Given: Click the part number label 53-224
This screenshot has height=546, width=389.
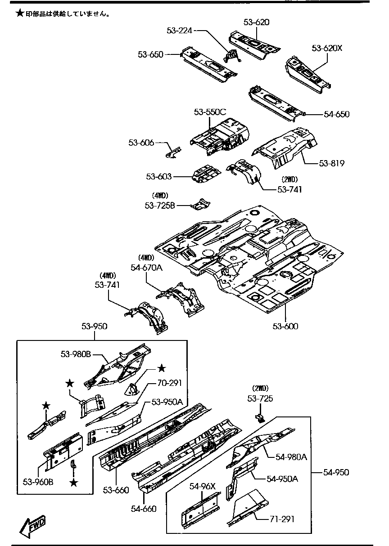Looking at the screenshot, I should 179,31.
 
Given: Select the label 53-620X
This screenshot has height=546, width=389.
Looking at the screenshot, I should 327,48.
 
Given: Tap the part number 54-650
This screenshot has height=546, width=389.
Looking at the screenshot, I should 336,114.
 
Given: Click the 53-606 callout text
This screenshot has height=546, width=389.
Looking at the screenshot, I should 141,143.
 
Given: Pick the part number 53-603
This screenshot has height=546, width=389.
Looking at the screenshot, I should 158,177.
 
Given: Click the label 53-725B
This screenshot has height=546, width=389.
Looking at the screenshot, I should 160,206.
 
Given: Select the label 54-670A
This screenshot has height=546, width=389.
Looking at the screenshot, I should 146,268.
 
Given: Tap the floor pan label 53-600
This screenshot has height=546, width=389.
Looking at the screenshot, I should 285,326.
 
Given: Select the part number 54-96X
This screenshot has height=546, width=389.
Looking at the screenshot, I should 203,486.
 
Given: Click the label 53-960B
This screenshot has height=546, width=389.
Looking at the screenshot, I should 38,482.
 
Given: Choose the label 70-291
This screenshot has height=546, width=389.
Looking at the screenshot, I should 169,384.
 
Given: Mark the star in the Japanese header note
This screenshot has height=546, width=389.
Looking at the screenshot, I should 19,13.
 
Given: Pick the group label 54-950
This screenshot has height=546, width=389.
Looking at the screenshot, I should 336,472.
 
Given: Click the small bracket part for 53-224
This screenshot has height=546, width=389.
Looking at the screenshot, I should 231,57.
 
